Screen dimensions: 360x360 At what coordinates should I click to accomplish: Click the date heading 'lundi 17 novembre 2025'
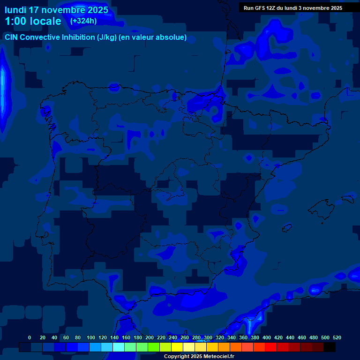point(56,10)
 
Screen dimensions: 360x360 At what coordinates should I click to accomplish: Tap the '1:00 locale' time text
point(33,21)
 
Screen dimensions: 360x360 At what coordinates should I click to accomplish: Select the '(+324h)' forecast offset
point(83,21)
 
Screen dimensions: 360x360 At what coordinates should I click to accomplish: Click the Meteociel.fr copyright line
point(199,357)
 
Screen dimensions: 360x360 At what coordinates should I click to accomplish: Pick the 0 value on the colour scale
point(30,337)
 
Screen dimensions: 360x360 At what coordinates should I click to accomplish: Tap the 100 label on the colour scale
point(91,337)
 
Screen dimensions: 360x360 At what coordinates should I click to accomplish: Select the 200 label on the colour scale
point(150,337)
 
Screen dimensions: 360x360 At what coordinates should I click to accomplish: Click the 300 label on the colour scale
point(208,337)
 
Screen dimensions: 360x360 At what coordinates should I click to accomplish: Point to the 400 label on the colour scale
point(267,337)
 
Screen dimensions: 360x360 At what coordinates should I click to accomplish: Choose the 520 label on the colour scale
point(337,337)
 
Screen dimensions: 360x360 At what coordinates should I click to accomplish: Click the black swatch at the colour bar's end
point(330,347)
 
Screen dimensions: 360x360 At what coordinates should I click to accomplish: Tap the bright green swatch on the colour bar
point(154,347)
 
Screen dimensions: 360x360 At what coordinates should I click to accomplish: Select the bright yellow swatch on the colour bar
point(177,347)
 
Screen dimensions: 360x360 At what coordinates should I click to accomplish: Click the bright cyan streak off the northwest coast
point(4,89)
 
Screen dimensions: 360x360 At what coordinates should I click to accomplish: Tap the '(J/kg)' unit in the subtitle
point(107,37)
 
